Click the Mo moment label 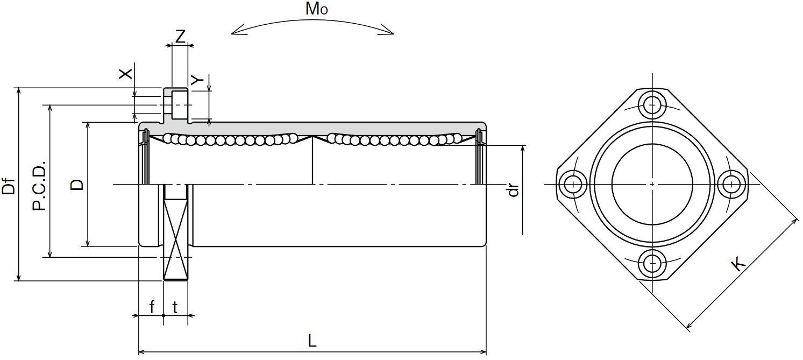(316, 9)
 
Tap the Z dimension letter (180, 36)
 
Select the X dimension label (125, 74)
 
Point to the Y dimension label (197, 80)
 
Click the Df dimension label (9, 186)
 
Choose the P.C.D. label (39, 186)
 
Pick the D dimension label (77, 184)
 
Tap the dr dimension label (513, 190)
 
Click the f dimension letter (152, 307)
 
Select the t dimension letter (175, 307)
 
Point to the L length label (312, 341)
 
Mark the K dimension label (738, 264)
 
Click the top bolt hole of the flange (652, 105)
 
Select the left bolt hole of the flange (573, 184)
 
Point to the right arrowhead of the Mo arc (387, 31)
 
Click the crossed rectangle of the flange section (176, 232)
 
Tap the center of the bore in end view (652, 184)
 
